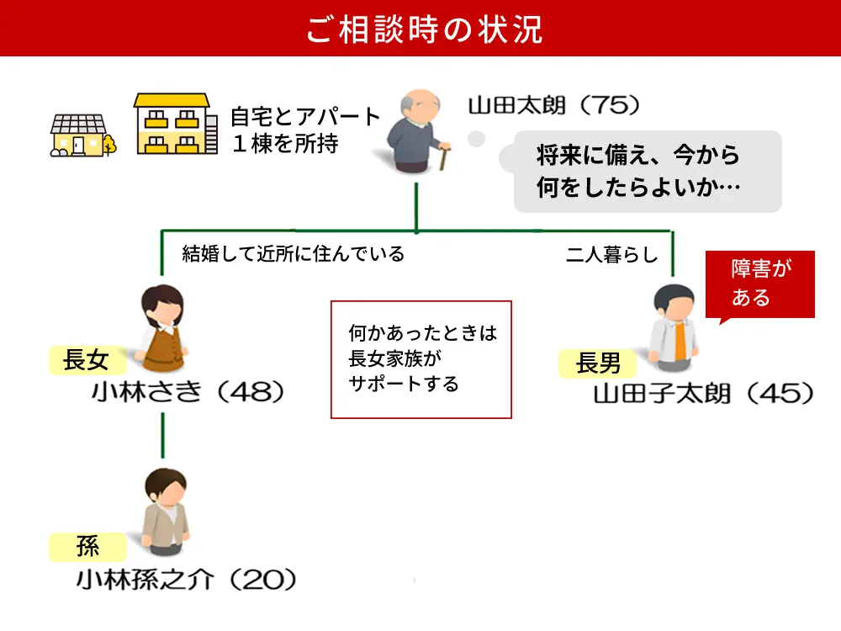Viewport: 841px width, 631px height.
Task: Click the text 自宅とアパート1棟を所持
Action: [305, 130]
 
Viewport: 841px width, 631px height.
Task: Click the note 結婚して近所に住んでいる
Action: [294, 254]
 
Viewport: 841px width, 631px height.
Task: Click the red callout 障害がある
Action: [760, 284]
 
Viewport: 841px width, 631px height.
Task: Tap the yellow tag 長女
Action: [86, 362]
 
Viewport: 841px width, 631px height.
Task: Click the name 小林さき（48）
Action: [189, 392]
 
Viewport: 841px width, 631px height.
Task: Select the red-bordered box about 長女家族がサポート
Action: [420, 359]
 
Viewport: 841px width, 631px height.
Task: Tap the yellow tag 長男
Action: [598, 363]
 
